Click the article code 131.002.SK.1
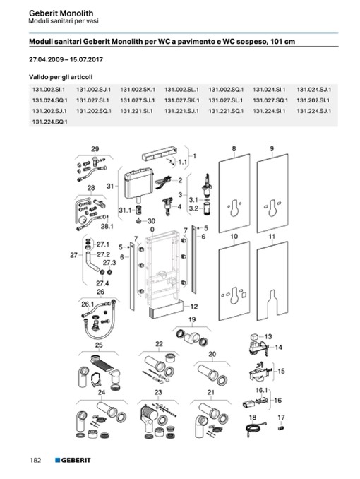138,90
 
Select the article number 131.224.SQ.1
50,122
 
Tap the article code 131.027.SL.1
226,100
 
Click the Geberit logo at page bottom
73,460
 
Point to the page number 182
35,460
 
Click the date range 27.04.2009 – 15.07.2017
66,59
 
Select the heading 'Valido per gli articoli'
61,77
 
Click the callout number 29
95,149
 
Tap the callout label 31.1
125,210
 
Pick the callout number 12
194,307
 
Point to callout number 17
281,418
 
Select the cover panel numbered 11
272,281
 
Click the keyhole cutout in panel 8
234,208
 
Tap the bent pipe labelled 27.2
93,262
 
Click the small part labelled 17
281,428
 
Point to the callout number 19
192,319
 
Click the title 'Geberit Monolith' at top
61,13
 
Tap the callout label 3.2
193,208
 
